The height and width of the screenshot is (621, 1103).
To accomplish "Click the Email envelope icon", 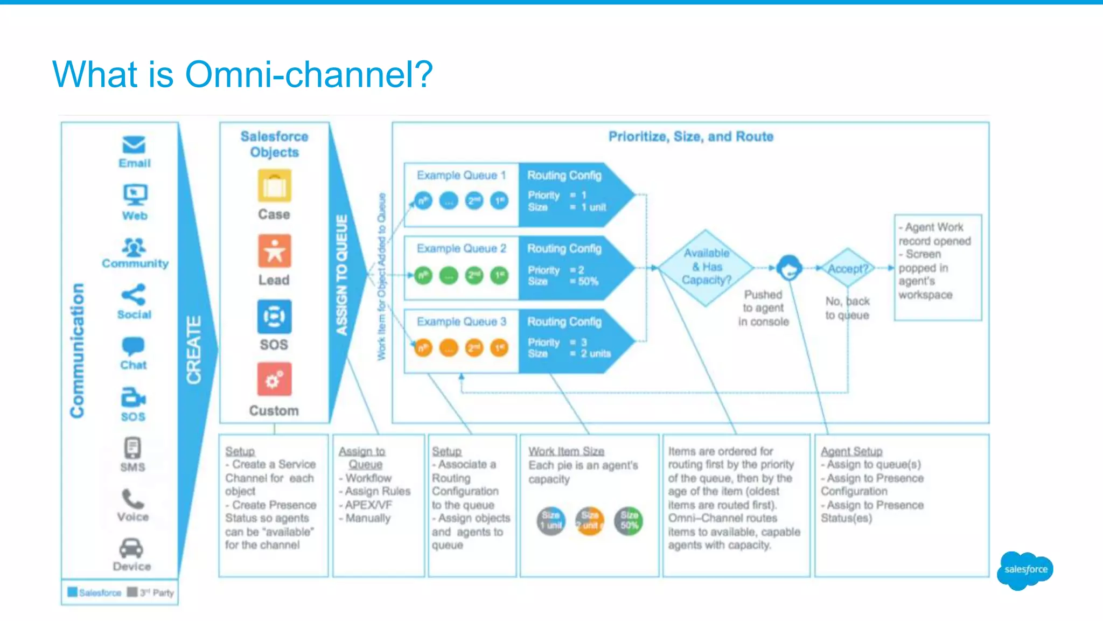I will pos(134,145).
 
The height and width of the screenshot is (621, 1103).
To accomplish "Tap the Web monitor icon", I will pos(135,195).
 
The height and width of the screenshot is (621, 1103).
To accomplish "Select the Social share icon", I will pos(134,295).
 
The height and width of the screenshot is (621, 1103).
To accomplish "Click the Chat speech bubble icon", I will pos(133,346).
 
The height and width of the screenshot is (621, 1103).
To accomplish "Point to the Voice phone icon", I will pos(132,499).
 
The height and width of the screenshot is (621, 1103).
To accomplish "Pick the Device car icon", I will pos(131,548).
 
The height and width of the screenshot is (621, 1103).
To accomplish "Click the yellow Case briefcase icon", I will pos(274,186).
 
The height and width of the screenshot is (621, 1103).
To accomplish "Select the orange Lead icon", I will pos(274,251).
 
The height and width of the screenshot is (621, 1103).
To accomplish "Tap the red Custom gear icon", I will pos(274,380).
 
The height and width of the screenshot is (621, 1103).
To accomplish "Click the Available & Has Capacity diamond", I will pos(706,267).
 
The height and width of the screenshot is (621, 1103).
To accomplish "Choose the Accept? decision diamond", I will pos(848,268).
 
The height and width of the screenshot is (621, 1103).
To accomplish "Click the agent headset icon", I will pos(789,267).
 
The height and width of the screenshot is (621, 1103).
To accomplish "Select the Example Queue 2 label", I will pos(461,248).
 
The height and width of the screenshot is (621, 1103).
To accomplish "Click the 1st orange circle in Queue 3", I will pos(500,348).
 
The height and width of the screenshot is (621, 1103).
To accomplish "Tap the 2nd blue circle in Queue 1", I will pos(474,201).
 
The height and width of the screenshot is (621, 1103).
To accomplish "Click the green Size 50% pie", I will pos(629,521).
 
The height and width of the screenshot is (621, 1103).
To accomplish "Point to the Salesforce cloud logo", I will pos(1025,570).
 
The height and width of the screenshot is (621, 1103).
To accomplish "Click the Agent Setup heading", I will pos(851,451).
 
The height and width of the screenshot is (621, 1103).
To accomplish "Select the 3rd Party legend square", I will pos(132,592).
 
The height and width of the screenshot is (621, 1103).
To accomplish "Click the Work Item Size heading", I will pos(566,451).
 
